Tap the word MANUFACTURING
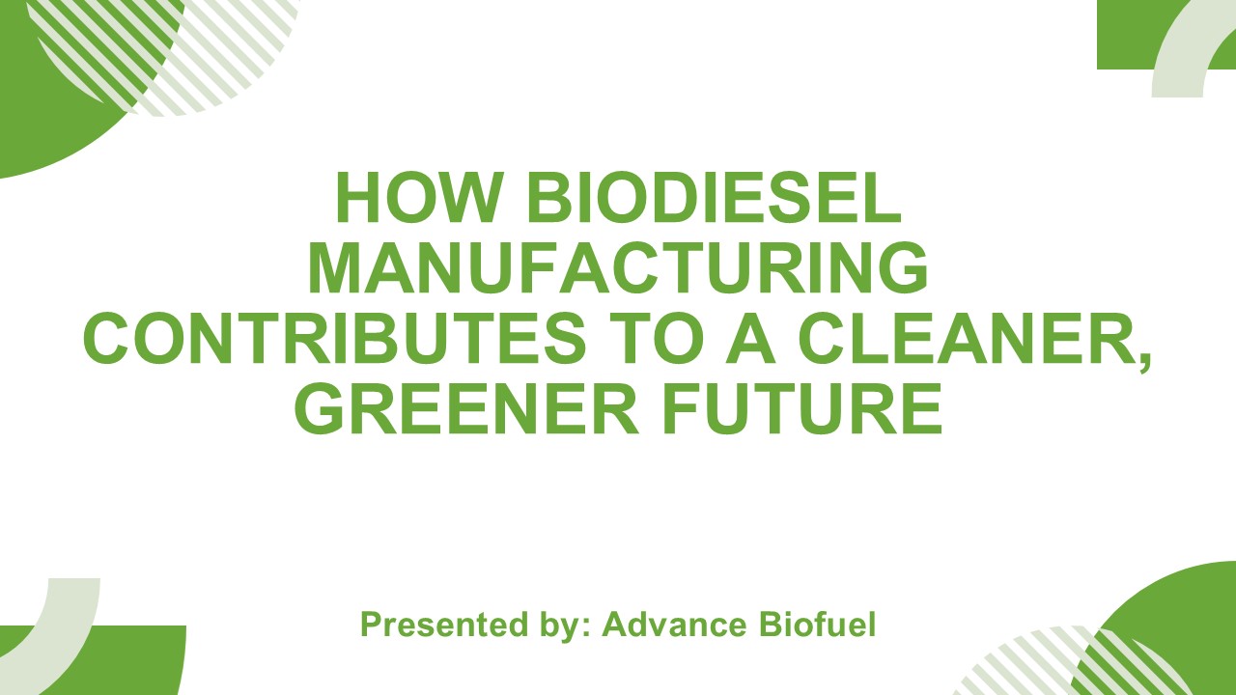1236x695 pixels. tap(618, 270)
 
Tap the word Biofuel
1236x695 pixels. tap(817, 625)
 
